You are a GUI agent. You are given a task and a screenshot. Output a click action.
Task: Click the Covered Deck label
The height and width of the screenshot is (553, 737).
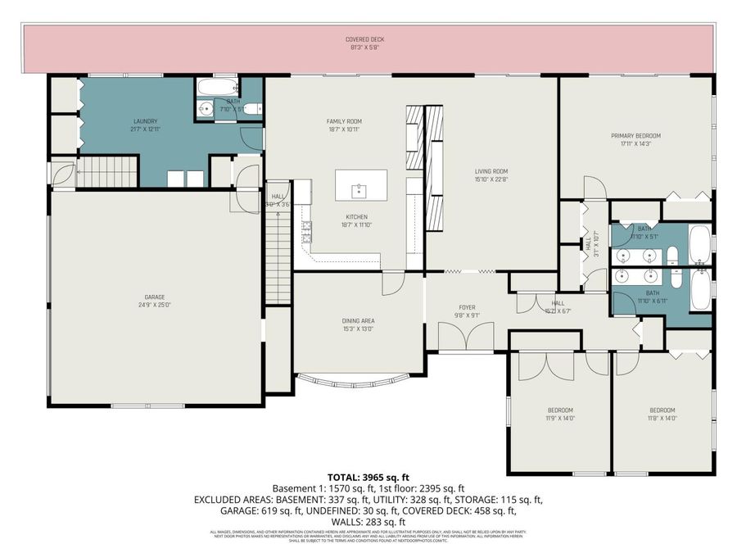365,43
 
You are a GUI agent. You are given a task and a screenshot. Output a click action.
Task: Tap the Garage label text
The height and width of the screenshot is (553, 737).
156,300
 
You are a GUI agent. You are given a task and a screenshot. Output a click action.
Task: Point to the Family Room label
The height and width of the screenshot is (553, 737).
343,125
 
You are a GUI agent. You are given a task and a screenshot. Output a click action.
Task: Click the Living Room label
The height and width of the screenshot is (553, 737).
491,175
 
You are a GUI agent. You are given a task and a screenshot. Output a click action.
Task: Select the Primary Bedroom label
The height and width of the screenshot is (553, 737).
635,139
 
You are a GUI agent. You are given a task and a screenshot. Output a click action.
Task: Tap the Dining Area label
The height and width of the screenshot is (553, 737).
358,324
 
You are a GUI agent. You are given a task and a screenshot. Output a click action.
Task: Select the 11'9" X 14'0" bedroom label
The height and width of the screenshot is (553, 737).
560,414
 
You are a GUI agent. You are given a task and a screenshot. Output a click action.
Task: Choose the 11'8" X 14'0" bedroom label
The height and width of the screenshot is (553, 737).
662,414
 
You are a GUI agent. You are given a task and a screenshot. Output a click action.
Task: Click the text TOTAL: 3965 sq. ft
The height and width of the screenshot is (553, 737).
368,476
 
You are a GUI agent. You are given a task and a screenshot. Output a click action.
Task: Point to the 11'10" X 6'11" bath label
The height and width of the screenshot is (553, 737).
652,296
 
